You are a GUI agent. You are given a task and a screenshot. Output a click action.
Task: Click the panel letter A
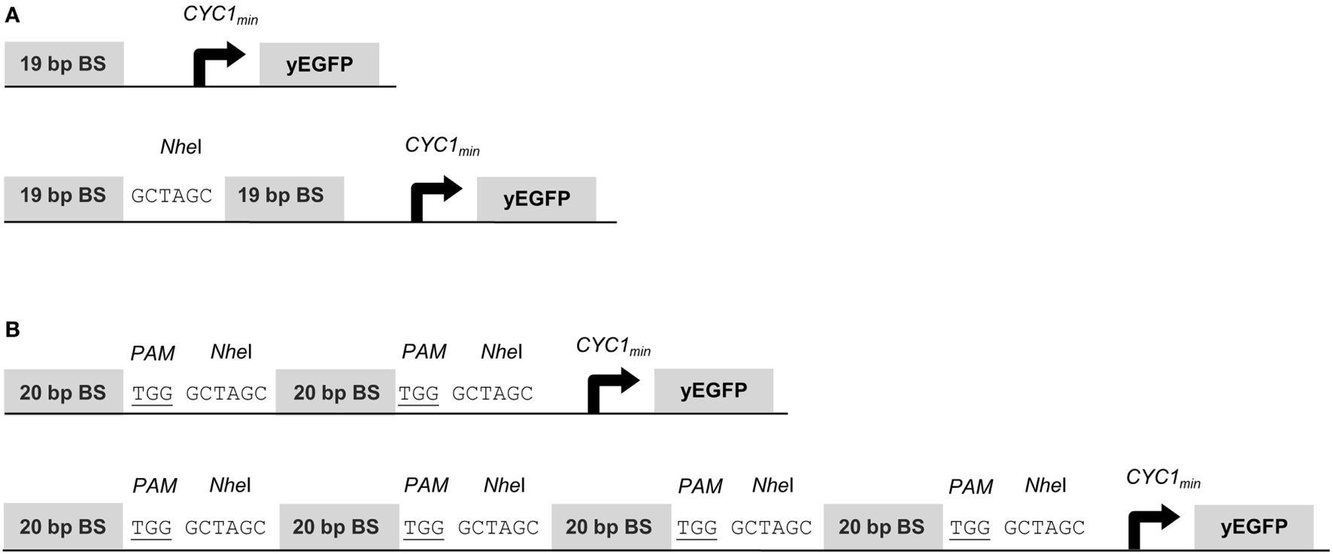(12, 15)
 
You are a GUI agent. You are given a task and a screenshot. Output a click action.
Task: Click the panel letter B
(12, 329)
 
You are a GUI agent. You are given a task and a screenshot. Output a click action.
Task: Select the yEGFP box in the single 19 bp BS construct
(319, 64)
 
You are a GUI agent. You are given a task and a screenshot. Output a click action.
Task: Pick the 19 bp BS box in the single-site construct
(63, 64)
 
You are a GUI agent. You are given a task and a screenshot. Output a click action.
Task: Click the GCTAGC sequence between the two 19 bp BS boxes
(172, 197)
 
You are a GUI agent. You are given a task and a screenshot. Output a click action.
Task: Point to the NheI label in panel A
(181, 147)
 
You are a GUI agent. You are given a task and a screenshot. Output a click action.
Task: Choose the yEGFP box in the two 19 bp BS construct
(536, 199)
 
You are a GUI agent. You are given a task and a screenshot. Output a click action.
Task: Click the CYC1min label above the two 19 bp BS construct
(442, 146)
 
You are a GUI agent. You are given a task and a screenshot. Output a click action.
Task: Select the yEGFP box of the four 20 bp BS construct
(1253, 527)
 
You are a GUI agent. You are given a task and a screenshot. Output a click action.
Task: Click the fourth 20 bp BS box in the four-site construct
(882, 527)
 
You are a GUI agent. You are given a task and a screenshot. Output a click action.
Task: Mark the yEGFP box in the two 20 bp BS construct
(713, 391)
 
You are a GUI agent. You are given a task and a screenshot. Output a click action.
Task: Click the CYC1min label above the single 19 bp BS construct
(220, 15)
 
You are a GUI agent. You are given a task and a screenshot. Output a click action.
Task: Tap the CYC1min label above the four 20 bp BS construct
(1163, 478)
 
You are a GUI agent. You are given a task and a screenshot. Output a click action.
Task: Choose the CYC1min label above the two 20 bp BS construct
(613, 346)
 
